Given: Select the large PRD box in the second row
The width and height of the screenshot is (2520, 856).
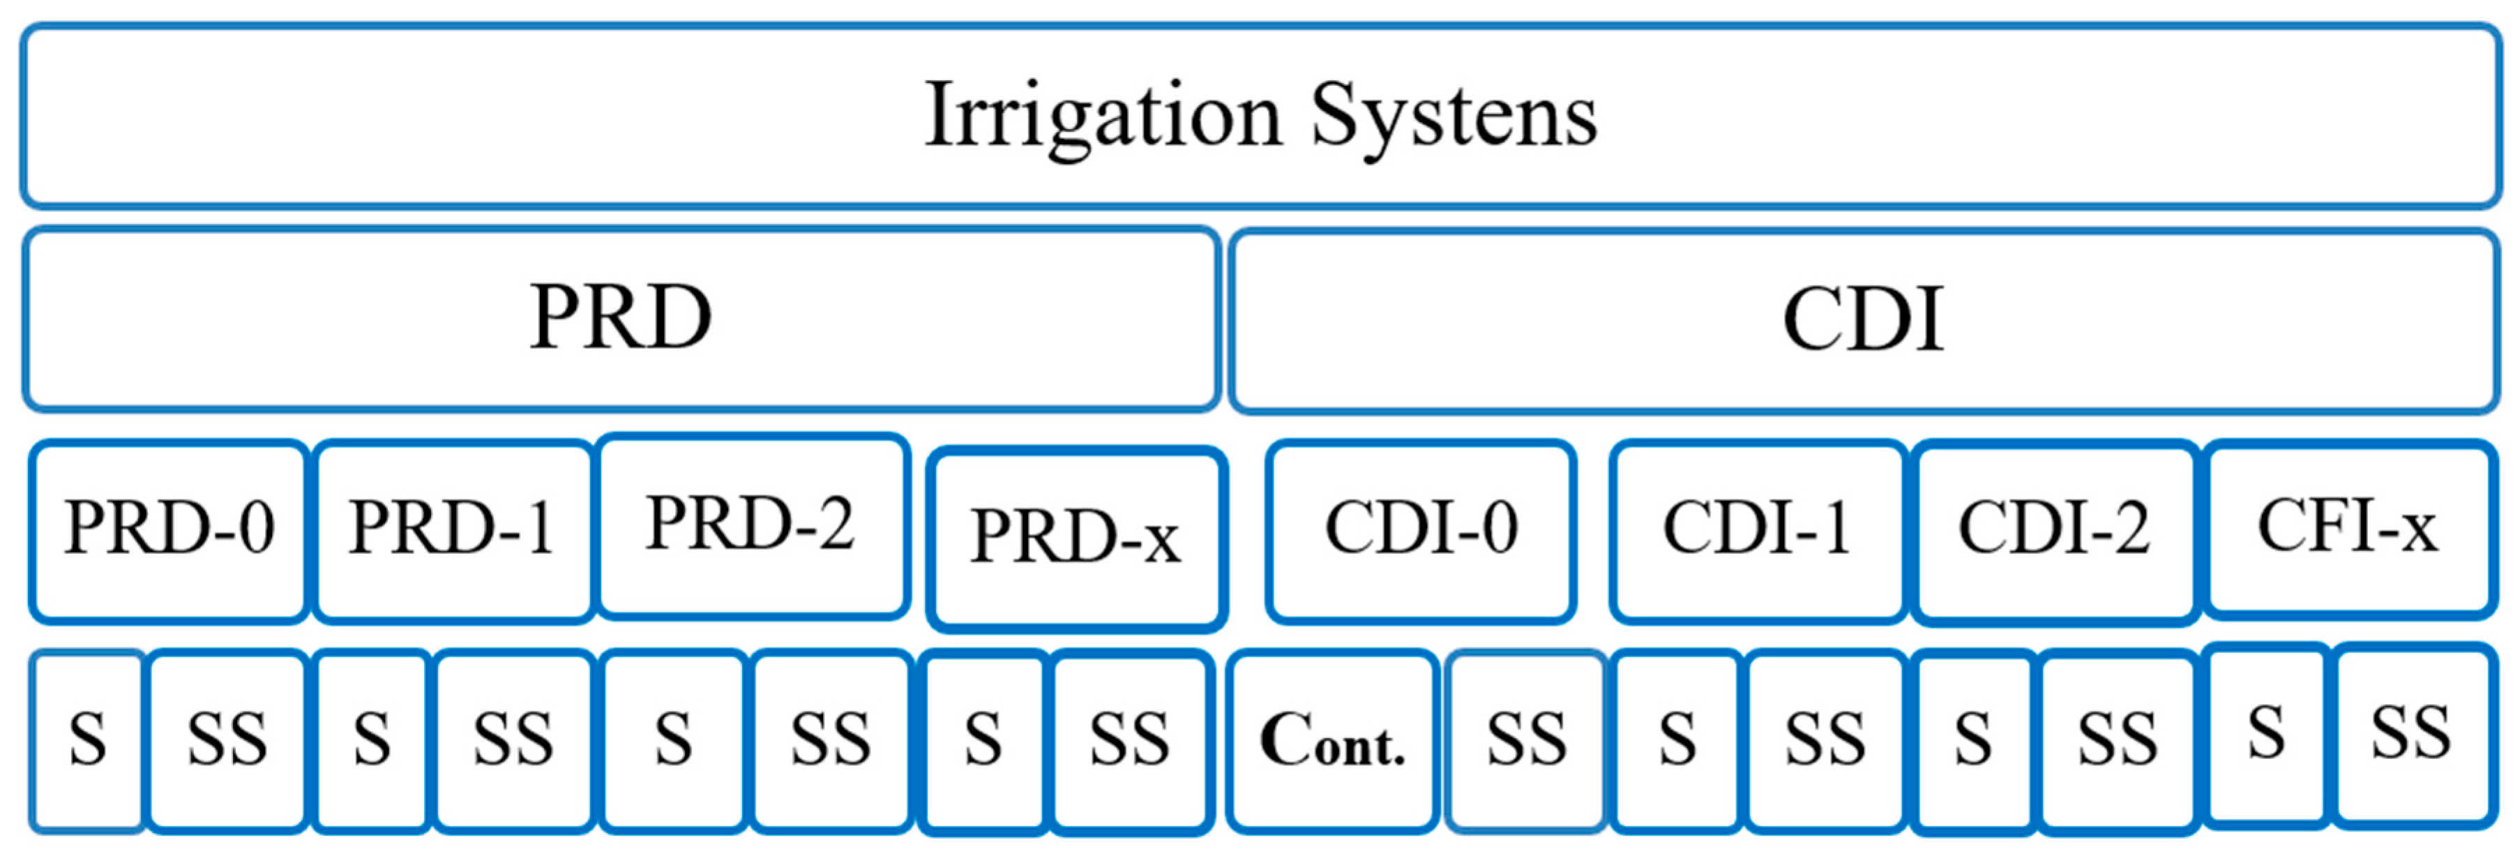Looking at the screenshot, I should point(621,319).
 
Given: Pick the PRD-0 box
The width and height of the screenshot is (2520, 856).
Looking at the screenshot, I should point(169,530).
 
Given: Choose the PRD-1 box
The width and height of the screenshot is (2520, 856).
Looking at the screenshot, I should point(453,530).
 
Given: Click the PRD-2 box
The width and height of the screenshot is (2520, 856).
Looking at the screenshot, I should point(751,525).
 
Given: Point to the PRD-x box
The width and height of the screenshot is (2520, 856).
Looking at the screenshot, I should point(1076,538).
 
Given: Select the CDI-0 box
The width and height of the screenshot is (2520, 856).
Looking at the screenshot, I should point(1421,530).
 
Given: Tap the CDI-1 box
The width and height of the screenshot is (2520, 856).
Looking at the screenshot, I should point(1757,530).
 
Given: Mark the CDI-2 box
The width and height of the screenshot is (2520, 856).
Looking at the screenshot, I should point(2054,530).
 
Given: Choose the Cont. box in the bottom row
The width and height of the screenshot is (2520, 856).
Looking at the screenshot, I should point(1332,741).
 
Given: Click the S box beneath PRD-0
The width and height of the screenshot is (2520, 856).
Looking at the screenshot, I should point(88,741).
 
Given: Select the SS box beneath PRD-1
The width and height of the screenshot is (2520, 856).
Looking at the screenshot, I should point(513,741).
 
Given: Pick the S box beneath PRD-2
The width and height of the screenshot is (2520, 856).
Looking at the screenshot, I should point(673,741).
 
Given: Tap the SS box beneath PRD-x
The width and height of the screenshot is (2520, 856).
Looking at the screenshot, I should point(1130,741).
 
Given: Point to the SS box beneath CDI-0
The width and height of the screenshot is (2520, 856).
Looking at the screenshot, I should point(1526,741).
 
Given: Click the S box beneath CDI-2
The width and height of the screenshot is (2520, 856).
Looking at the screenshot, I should point(1973,741).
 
